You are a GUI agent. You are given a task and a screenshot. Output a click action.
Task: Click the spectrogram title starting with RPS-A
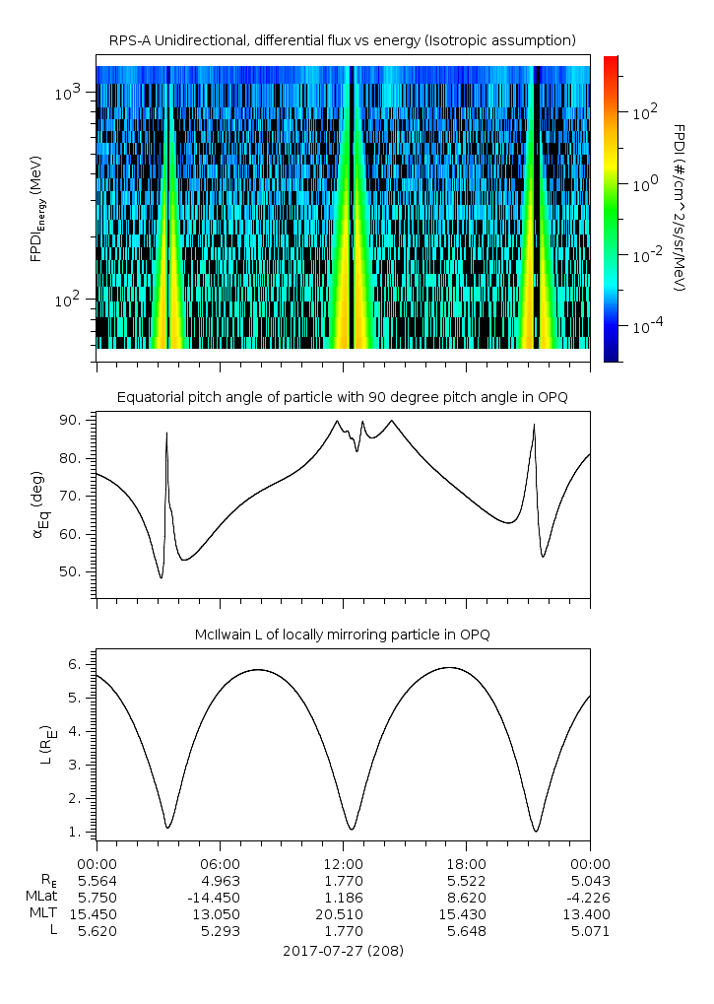click(342, 39)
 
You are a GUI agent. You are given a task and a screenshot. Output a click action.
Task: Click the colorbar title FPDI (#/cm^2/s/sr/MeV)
click(679, 207)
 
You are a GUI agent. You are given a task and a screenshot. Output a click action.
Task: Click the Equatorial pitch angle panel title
click(342, 397)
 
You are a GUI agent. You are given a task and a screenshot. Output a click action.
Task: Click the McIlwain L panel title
click(342, 635)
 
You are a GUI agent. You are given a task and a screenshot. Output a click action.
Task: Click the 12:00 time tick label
click(343, 862)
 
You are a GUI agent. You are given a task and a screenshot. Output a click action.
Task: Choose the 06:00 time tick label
click(220, 862)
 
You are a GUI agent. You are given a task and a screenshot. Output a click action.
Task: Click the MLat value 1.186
click(343, 898)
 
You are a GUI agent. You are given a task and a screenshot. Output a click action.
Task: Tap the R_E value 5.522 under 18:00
click(466, 880)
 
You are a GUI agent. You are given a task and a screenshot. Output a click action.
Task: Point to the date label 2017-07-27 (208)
click(343, 952)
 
